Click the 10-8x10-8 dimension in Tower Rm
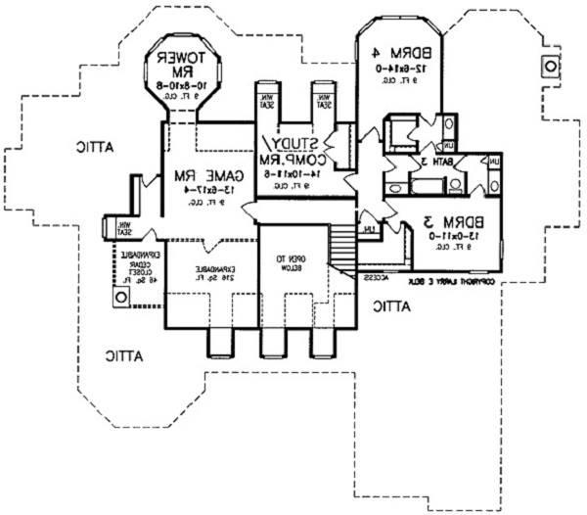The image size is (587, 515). [x=184, y=84]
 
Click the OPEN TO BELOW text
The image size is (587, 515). [x=291, y=260]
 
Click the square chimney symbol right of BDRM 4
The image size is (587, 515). [x=550, y=67]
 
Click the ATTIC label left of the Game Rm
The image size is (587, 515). [x=100, y=147]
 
